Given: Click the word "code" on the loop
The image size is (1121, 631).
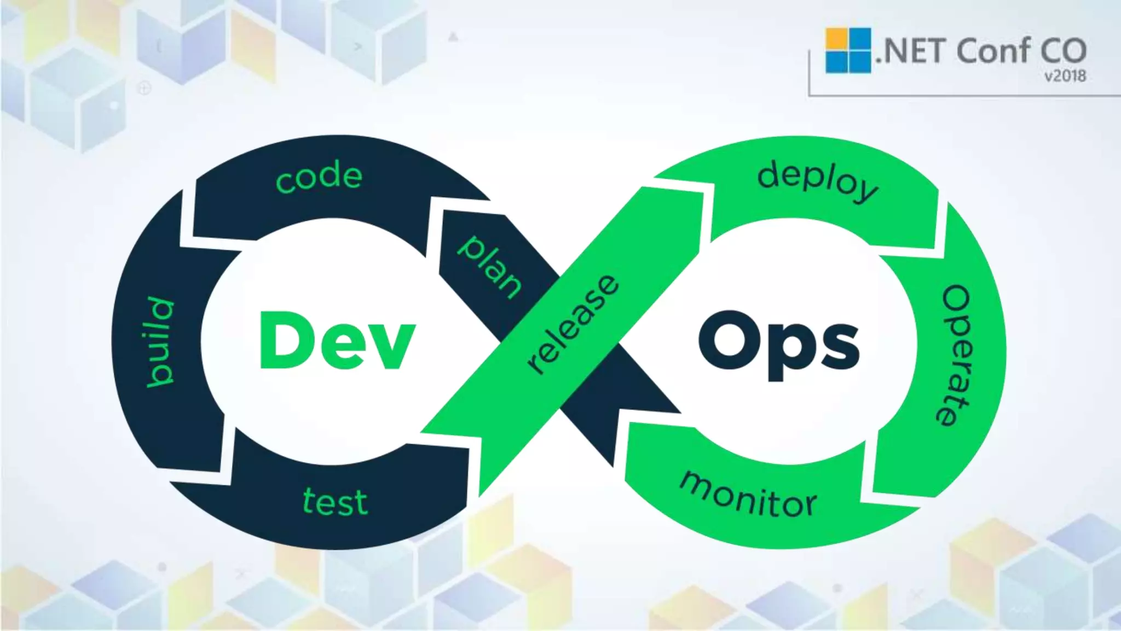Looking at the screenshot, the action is tap(319, 176).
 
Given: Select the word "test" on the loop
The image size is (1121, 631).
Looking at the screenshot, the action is tap(335, 501).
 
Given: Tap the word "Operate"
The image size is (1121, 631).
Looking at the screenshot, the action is tap(956, 355).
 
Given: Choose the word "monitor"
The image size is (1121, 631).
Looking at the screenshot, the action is tap(748, 495).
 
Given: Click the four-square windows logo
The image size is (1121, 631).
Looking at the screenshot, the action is tap(848, 50).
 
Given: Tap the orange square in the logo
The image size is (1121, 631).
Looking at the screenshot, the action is tap(836, 38).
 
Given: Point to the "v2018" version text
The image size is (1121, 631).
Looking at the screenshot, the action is tap(1065, 76).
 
